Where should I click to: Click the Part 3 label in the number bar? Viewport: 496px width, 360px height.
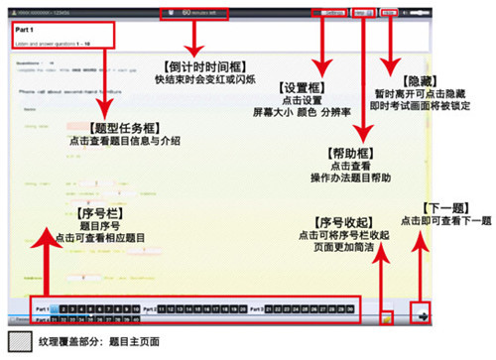[257, 309]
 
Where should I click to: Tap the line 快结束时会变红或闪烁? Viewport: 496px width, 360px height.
[202, 79]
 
